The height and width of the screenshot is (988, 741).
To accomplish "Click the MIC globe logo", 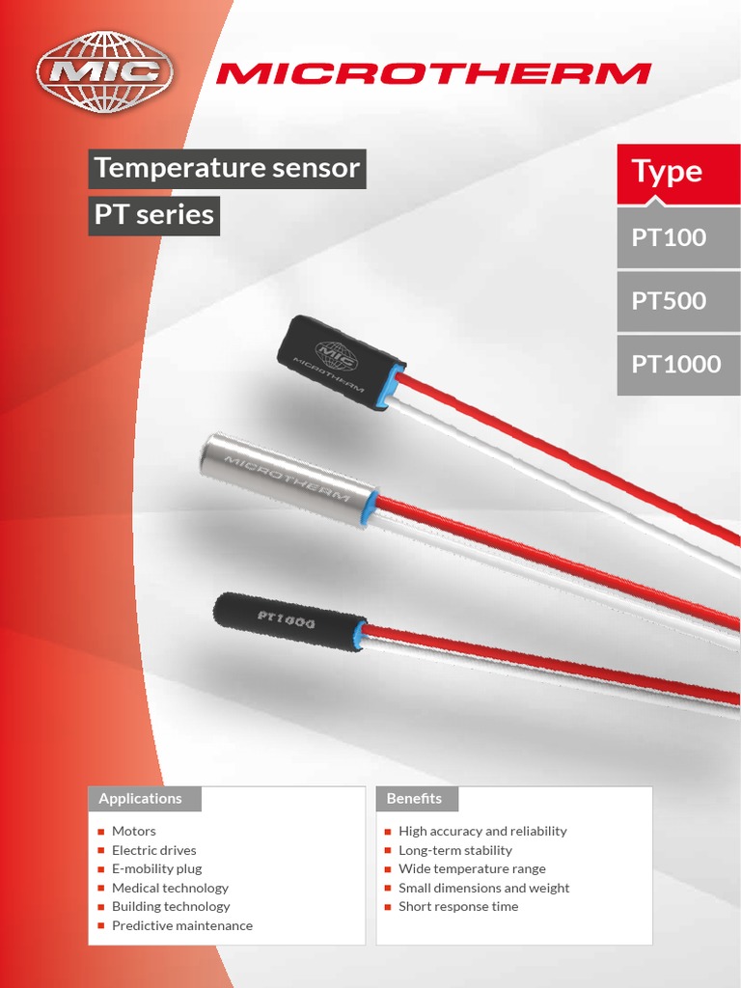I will [104, 72].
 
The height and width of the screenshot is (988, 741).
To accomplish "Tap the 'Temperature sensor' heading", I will [228, 169].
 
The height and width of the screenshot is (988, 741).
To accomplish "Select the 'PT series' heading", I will [154, 215].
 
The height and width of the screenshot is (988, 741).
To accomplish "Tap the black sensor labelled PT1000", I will [289, 621].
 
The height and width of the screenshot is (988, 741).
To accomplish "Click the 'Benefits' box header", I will [417, 799].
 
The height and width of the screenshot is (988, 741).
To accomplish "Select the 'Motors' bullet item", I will [133, 831].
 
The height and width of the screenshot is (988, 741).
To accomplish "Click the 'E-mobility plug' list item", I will [156, 868].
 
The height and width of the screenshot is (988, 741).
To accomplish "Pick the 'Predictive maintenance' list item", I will [181, 925].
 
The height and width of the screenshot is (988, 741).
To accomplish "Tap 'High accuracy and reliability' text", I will [482, 831].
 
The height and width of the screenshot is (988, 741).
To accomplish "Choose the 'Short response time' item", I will [458, 906].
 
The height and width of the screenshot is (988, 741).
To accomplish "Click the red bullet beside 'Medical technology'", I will [101, 889].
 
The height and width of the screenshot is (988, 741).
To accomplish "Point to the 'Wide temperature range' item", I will [472, 868].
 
